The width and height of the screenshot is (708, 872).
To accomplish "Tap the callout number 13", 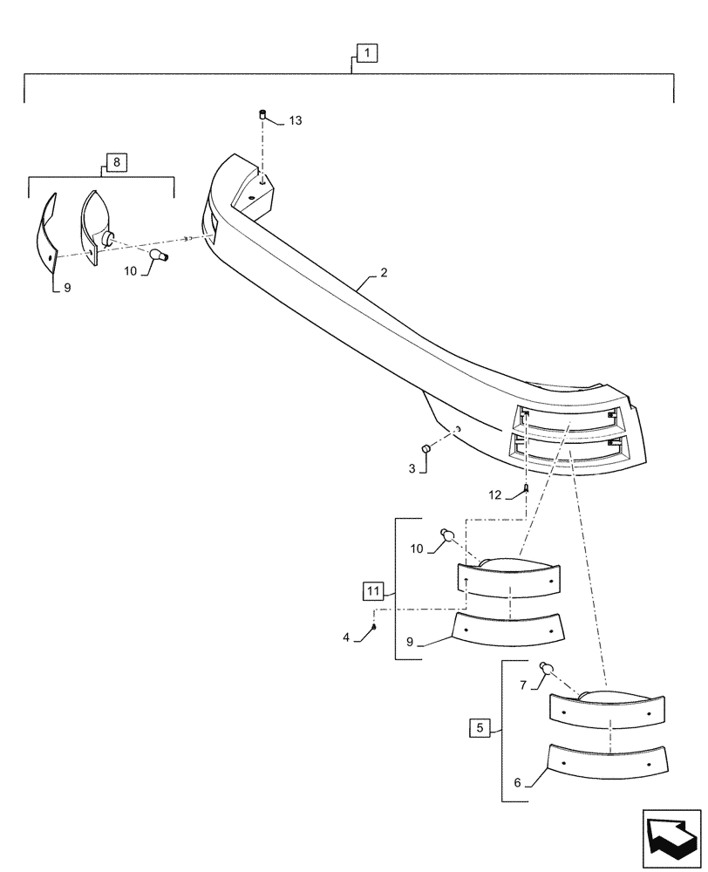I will [295, 121].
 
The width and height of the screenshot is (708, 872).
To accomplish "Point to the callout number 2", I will [384, 273].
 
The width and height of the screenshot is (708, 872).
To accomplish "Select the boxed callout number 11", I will [372, 592].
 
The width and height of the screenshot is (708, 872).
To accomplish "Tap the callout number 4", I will [346, 637].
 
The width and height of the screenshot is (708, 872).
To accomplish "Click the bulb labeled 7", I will [548, 668].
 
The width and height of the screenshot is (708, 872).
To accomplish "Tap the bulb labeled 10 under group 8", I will [159, 254].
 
